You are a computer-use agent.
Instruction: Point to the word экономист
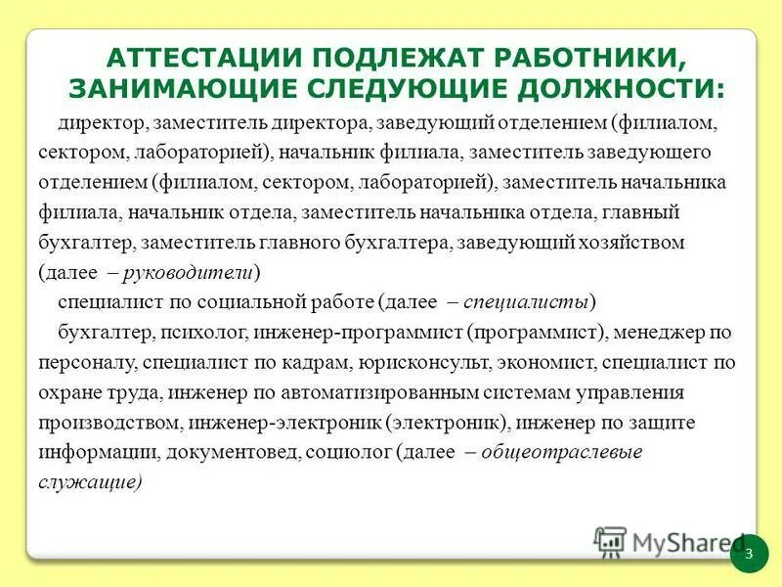(x=547, y=363)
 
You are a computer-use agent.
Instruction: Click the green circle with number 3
(x=749, y=555)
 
